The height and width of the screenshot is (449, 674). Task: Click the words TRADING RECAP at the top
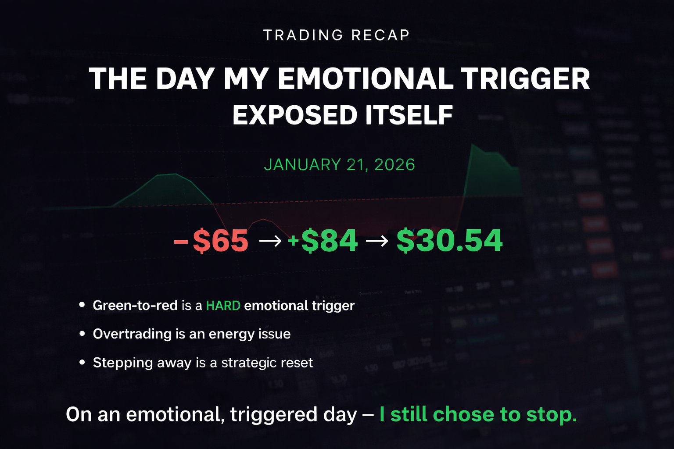pyautogui.click(x=337, y=35)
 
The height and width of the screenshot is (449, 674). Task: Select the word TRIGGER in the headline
pyautogui.click(x=525, y=78)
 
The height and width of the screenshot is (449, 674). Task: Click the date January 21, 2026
pyautogui.click(x=339, y=164)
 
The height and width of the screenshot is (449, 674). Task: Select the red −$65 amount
pyautogui.click(x=211, y=241)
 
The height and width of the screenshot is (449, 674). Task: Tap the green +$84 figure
pyautogui.click(x=323, y=241)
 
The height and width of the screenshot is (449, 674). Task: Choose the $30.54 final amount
pyautogui.click(x=449, y=241)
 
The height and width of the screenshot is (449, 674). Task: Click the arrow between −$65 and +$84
pyautogui.click(x=270, y=241)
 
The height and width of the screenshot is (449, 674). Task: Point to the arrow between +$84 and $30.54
pyautogui.click(x=377, y=241)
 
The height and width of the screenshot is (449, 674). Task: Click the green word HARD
pyautogui.click(x=223, y=306)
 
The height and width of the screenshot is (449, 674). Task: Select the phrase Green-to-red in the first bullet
pyautogui.click(x=135, y=306)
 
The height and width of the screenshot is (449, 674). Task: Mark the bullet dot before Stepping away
pyautogui.click(x=82, y=362)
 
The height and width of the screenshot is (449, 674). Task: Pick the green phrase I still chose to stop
pyautogui.click(x=478, y=414)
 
